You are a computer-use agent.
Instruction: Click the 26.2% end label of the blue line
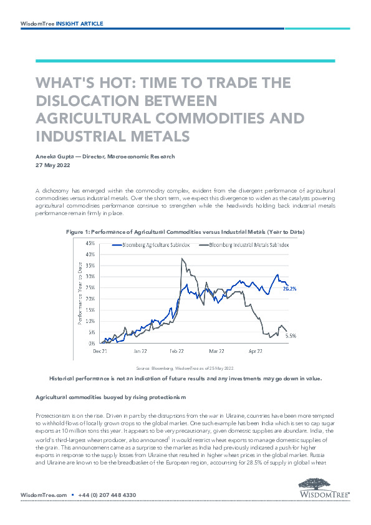pyautogui.click(x=290, y=288)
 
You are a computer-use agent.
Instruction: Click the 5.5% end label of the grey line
pyautogui.click(x=291, y=336)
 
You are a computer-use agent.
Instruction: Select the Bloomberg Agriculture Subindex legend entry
pyautogui.click(x=151, y=245)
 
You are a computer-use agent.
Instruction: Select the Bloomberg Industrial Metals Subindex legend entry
pyautogui.click(x=243, y=245)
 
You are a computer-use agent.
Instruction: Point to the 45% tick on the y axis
pyautogui.click(x=90, y=243)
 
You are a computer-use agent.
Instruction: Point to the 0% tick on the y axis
pyautogui.click(x=92, y=343)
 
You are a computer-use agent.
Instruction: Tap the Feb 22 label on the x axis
pyautogui.click(x=176, y=351)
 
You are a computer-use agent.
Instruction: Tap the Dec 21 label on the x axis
pyautogui.click(x=100, y=351)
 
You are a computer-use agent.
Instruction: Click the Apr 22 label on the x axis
pyautogui.click(x=256, y=351)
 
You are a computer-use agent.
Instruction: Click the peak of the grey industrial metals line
pyautogui.click(x=181, y=259)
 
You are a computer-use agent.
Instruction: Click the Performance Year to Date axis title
pyautogui.click(x=80, y=294)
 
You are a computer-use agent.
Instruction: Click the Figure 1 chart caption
pyautogui.click(x=185, y=232)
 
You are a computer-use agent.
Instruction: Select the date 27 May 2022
pyautogui.click(x=53, y=165)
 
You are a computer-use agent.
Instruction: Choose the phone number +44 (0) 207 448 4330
pyautogui.click(x=107, y=495)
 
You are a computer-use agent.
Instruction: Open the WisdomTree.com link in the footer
pyautogui.click(x=44, y=495)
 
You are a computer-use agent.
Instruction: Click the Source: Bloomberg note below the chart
pyautogui.click(x=185, y=368)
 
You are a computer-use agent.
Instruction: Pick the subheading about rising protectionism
pyautogui.click(x=110, y=397)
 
